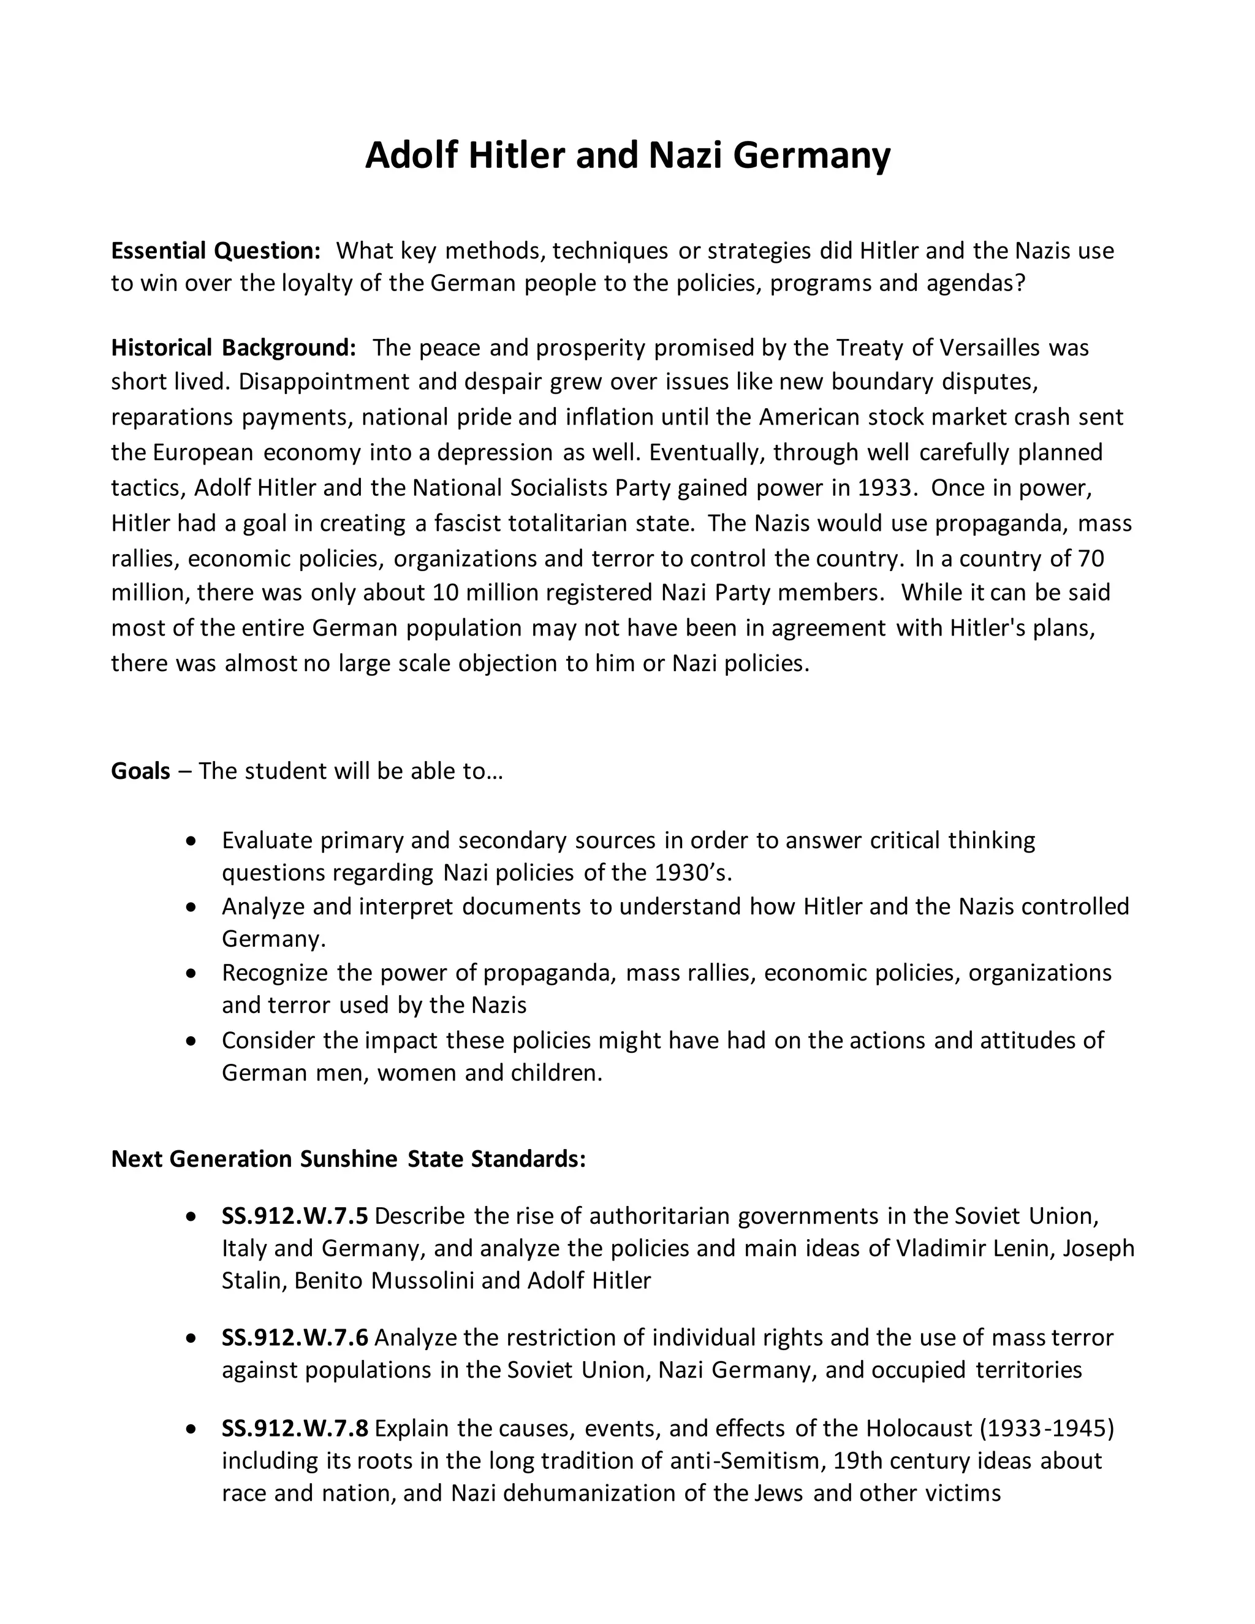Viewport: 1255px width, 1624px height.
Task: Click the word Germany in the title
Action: tap(811, 156)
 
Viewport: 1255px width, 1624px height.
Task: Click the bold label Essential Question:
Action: tap(216, 251)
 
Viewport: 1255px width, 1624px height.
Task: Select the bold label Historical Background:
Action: tap(233, 347)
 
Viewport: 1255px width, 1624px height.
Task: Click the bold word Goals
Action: tap(140, 770)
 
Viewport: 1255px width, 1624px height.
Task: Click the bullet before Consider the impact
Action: tap(192, 1041)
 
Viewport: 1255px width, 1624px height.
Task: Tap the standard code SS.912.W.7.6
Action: tap(294, 1337)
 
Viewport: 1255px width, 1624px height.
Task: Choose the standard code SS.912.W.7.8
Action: tap(294, 1428)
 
